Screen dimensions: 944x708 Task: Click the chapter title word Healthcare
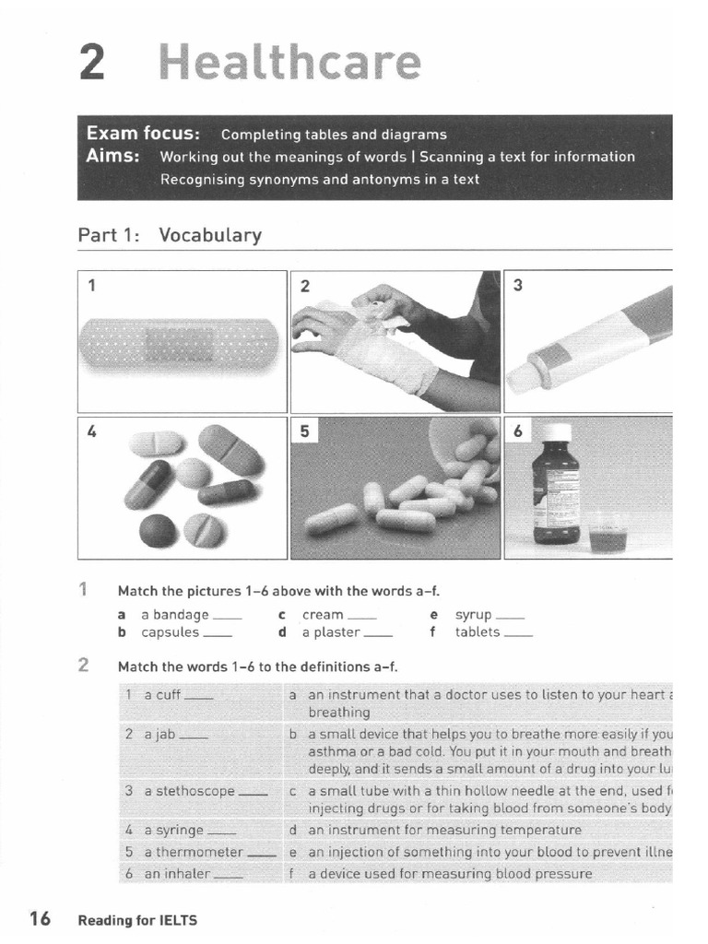pyautogui.click(x=289, y=63)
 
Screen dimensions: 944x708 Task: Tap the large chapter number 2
pyautogui.click(x=93, y=63)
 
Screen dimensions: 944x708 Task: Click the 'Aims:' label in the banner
pyautogui.click(x=112, y=156)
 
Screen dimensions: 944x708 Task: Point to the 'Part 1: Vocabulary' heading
pyautogui.click(x=170, y=235)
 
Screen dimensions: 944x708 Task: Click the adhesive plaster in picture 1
pyautogui.click(x=181, y=344)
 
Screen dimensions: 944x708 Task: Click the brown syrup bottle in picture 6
pyautogui.click(x=556, y=489)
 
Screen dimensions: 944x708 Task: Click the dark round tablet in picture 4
pyautogui.click(x=156, y=530)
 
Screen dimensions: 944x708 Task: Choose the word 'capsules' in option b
pyautogui.click(x=170, y=632)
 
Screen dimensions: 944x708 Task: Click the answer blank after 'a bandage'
pyautogui.click(x=227, y=616)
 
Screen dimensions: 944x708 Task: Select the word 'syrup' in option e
pyautogui.click(x=474, y=615)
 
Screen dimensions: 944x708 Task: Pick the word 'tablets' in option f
pyautogui.click(x=478, y=632)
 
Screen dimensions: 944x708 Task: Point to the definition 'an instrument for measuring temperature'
pyautogui.click(x=444, y=830)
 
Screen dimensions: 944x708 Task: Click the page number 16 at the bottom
pyautogui.click(x=40, y=918)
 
